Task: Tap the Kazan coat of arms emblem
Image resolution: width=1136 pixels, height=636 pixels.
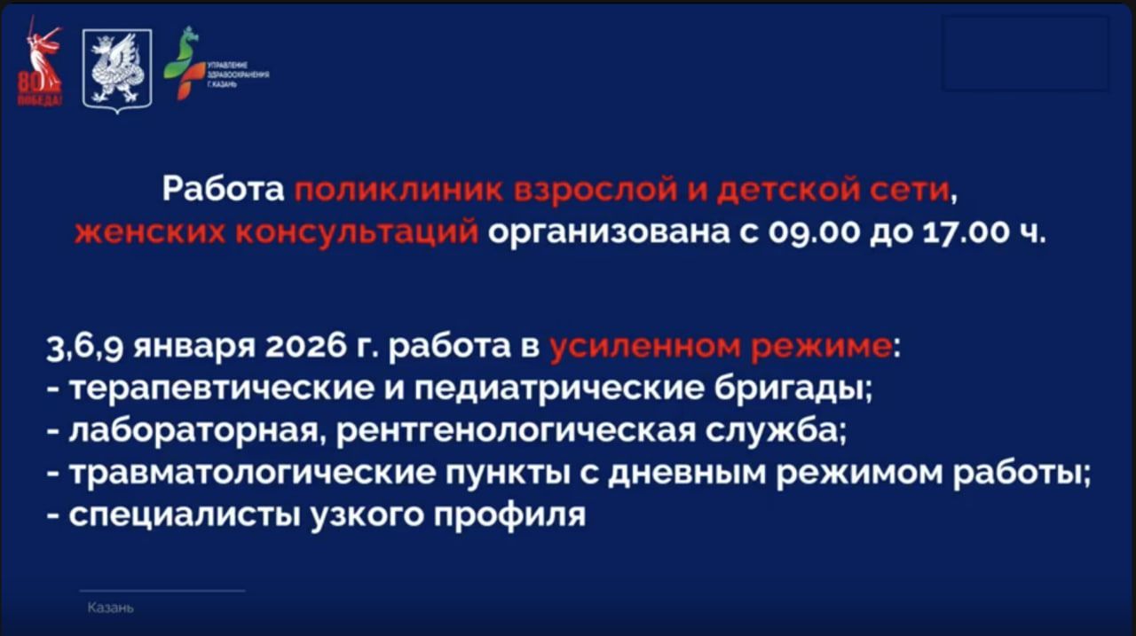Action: point(117,69)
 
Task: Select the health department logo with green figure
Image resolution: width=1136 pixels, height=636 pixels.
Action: point(187,63)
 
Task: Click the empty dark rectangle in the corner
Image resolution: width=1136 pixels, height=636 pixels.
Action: point(1025,53)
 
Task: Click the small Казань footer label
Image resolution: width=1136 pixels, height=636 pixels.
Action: point(111,609)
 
